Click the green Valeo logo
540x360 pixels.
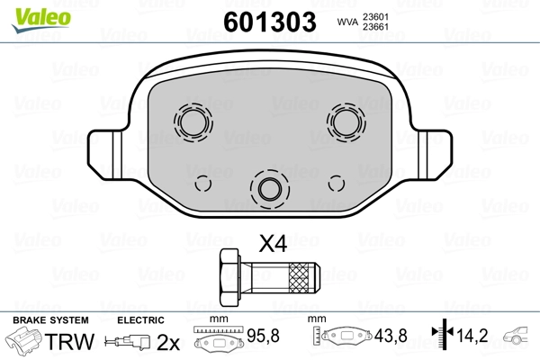click(41, 20)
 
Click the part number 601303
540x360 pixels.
click(270, 22)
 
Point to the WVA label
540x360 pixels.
click(347, 22)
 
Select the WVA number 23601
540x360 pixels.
click(375, 17)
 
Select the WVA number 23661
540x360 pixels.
click(375, 27)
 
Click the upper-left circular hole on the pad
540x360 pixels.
click(193, 122)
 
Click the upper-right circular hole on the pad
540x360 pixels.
click(346, 122)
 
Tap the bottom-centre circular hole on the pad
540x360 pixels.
click(270, 189)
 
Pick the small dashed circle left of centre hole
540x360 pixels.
click(202, 184)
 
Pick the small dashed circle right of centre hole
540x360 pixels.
click(336, 184)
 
